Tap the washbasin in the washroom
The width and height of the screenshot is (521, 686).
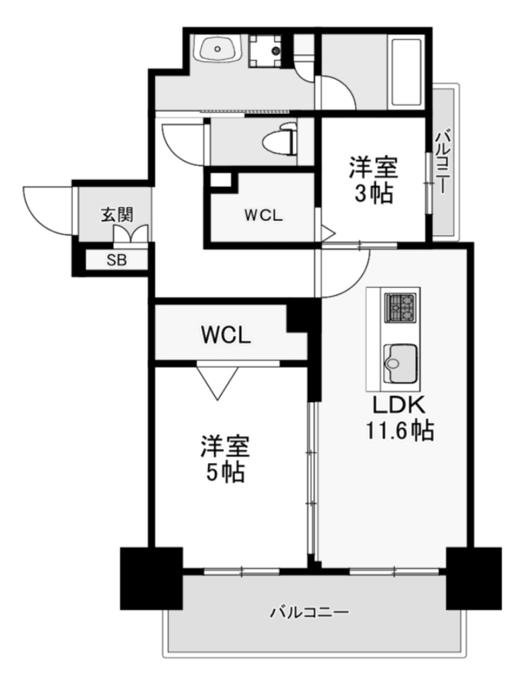pos(218,50)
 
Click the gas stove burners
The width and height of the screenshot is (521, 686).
pos(401,308)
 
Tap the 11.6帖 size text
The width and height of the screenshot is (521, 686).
pos(399,431)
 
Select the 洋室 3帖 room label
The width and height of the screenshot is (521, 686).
pos(373,180)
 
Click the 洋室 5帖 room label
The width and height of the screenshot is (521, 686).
pos(225,459)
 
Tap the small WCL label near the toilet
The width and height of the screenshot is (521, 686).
pos(263,216)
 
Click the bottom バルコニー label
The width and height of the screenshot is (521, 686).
pos(309,612)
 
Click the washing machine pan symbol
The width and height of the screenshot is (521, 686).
pos(267,50)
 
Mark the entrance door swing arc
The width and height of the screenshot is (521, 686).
pos(40,208)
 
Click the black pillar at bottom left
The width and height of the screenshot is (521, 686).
pos(151,577)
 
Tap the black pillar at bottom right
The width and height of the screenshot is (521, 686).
pos(474,577)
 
